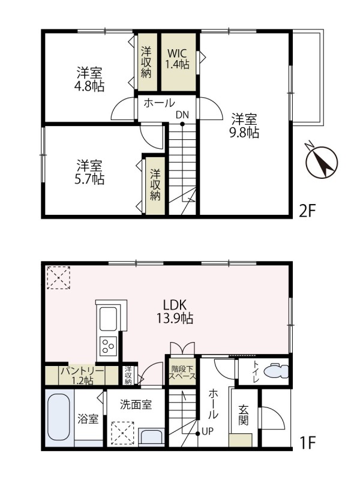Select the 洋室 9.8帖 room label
pyautogui.click(x=245, y=125)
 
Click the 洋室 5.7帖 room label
pyautogui.click(x=90, y=172)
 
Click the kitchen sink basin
pyautogui.click(x=109, y=319)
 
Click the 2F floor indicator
pyautogui.click(x=308, y=211)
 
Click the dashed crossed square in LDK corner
pyautogui.click(x=59, y=278)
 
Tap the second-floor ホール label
pyautogui.click(x=159, y=103)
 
